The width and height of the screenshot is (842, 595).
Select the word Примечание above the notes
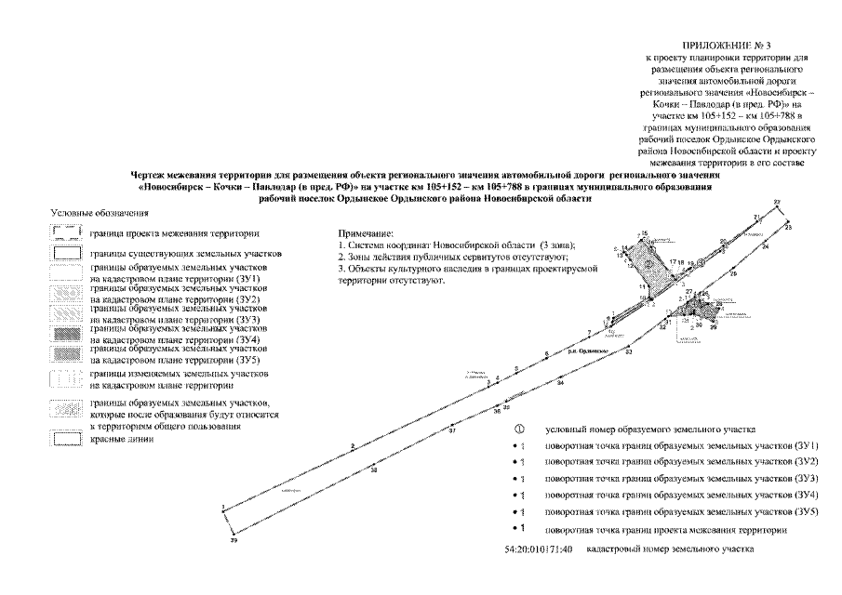click(366, 232)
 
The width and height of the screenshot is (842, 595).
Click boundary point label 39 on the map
click(234, 540)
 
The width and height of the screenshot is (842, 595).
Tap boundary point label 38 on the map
click(373, 470)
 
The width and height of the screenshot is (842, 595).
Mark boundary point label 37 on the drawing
click(452, 431)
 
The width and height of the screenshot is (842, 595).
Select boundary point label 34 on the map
click(560, 383)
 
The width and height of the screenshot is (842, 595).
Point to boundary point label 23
click(788, 227)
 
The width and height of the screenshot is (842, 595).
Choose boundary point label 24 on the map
click(765, 248)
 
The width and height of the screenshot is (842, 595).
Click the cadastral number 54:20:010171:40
click(533, 550)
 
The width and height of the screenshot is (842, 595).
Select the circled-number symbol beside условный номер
click(517, 430)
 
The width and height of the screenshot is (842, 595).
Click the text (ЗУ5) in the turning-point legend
click(805, 512)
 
